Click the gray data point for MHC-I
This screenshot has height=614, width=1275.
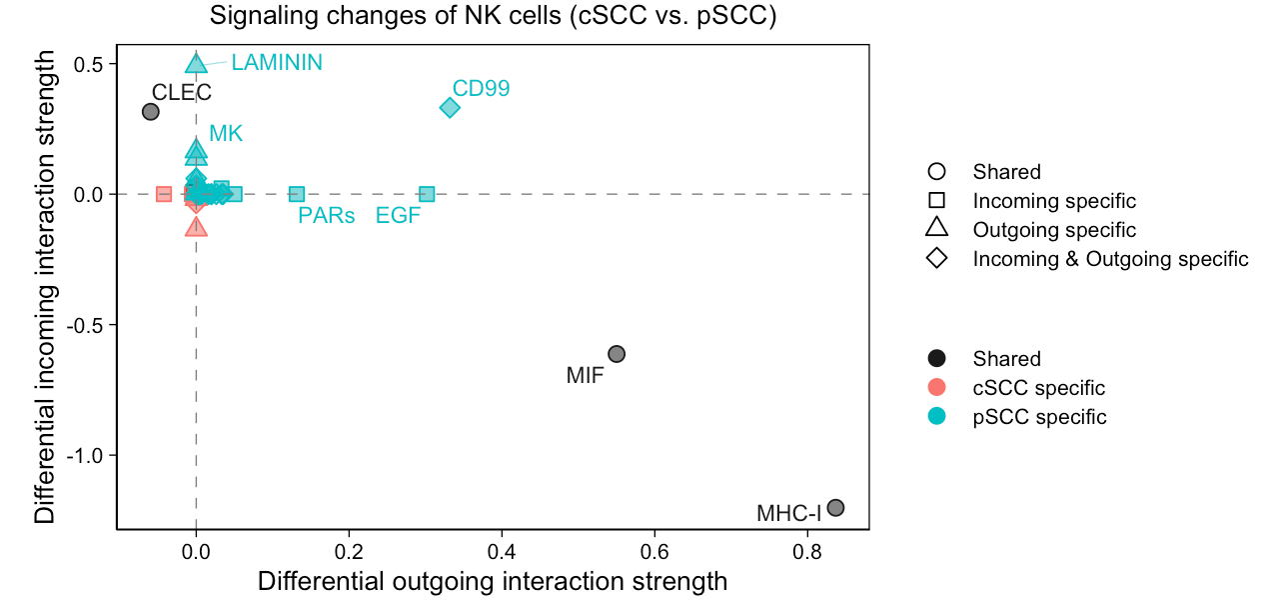tap(835, 508)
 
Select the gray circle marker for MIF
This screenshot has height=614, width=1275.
tap(617, 354)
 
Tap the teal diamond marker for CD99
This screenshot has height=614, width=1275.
tap(450, 108)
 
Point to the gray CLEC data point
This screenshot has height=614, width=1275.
tap(151, 112)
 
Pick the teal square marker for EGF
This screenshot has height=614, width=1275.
tap(427, 194)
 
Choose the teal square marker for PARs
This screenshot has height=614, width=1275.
tap(297, 194)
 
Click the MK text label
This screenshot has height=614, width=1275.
tap(226, 134)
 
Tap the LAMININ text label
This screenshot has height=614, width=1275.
tap(277, 63)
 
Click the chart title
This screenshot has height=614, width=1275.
tap(493, 17)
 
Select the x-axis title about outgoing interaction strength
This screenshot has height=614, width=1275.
tap(493, 582)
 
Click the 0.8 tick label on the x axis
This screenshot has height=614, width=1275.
tap(807, 551)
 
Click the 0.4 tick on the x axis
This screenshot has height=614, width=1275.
tap(502, 551)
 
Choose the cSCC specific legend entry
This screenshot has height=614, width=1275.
tap(1038, 388)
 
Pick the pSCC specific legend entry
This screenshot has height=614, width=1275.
tap(1039, 417)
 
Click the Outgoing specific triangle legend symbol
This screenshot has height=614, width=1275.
tap(937, 230)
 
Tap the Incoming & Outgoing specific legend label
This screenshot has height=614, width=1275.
tap(1110, 259)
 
